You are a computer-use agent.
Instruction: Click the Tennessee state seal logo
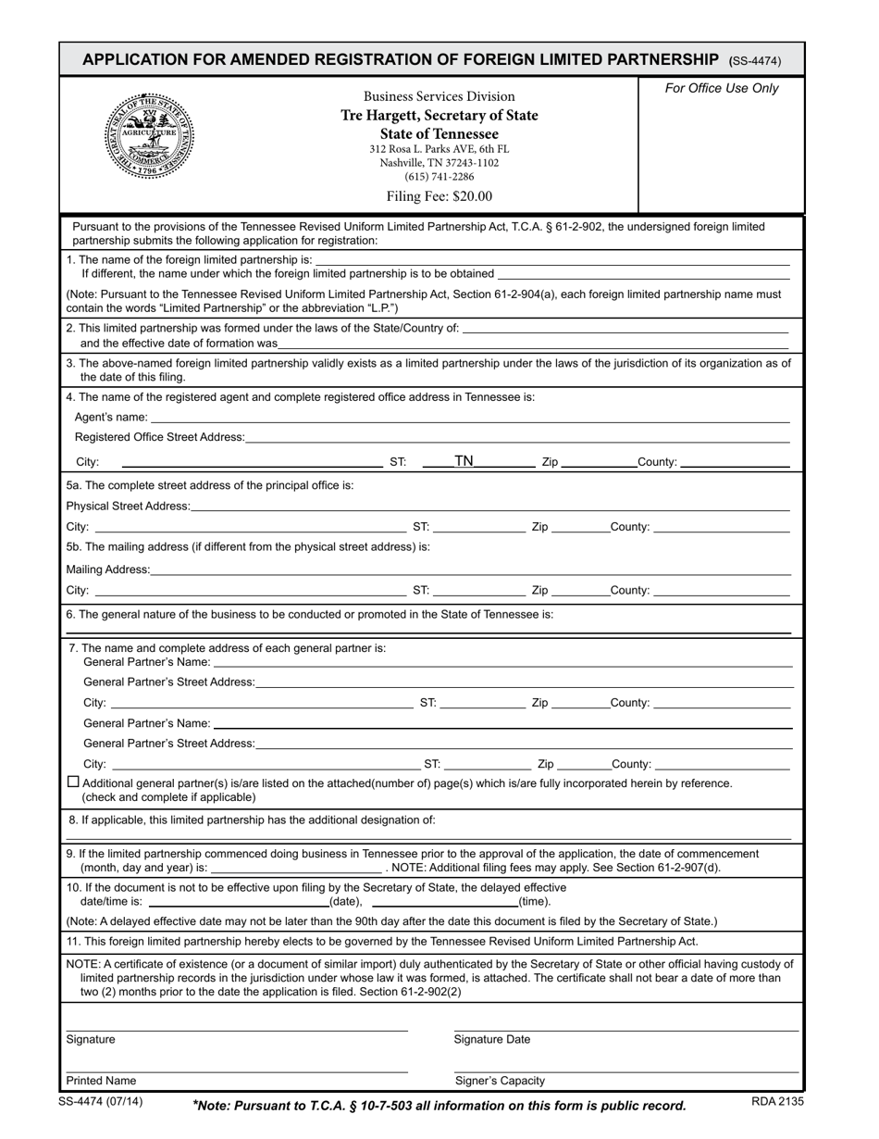click(x=148, y=135)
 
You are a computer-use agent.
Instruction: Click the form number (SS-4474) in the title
click(x=756, y=61)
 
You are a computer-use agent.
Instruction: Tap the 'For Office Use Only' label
click(x=722, y=89)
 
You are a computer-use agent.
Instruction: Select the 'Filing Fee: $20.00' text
click(x=439, y=196)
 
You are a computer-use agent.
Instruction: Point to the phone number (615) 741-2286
click(x=439, y=177)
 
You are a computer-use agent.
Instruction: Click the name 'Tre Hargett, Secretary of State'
click(x=439, y=116)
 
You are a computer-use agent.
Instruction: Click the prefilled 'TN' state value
click(x=464, y=461)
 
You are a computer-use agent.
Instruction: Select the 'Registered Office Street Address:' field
click(x=518, y=437)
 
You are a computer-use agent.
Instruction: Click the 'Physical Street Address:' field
click(x=490, y=506)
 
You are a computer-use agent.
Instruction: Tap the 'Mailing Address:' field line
click(x=470, y=569)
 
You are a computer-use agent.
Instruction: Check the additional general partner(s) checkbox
click(x=74, y=782)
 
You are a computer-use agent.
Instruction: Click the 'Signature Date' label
click(x=492, y=1040)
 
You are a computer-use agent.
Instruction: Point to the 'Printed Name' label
click(x=101, y=1081)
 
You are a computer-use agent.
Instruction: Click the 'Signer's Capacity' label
click(x=500, y=1081)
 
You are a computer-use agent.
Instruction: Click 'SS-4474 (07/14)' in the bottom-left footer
click(x=100, y=1102)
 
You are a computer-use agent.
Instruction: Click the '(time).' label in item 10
click(x=534, y=901)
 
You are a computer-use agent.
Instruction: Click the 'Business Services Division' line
click(x=439, y=96)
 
